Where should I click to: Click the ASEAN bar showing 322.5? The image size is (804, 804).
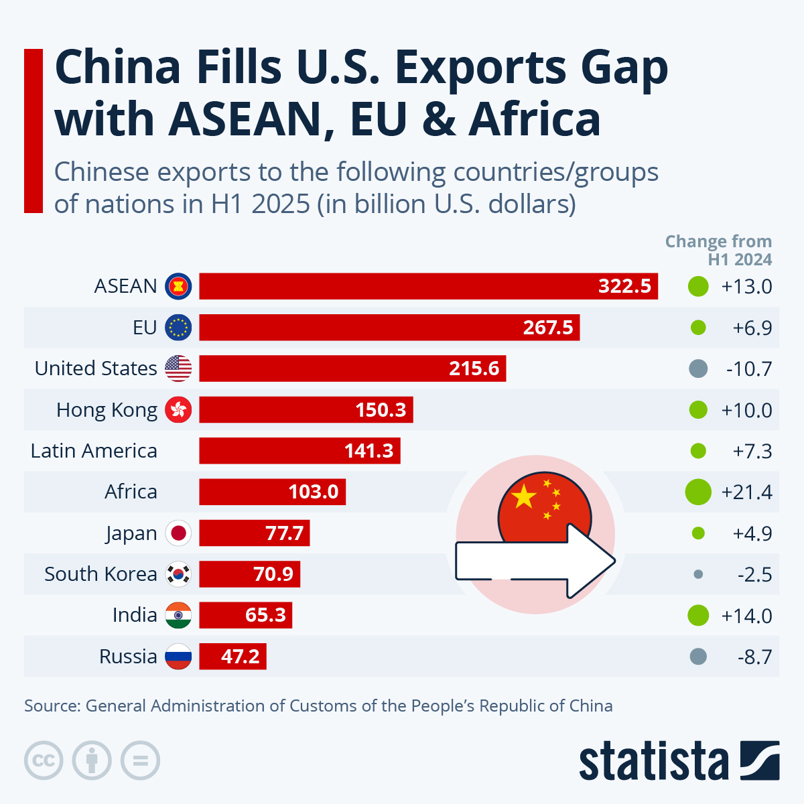429,286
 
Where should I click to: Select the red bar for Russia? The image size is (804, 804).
232,657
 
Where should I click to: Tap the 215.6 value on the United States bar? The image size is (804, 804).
474,368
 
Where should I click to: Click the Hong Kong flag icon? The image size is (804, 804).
178,409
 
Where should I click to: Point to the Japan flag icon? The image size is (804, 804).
178,533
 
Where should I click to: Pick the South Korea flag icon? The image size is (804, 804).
178,574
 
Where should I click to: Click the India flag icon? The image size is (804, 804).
178,615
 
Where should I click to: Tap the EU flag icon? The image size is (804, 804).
178,328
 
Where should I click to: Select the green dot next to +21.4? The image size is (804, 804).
698,492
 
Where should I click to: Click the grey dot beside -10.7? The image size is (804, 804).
698,368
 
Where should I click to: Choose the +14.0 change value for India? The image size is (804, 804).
746,616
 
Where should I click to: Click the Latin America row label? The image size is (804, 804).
94,451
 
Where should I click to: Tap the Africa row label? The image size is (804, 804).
131,492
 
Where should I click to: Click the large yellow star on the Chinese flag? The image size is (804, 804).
524,497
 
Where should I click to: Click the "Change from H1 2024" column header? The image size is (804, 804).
719,250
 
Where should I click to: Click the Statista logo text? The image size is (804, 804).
653,762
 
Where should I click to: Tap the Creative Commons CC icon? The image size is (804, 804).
44,760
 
